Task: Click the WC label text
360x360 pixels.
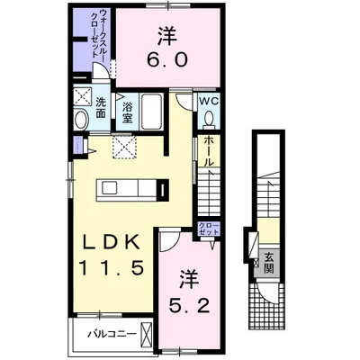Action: [209, 102]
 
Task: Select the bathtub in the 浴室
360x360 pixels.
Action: [152, 111]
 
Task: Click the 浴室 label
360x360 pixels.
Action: [127, 112]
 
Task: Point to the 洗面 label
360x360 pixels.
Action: [101, 108]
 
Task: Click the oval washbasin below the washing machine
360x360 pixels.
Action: [81, 120]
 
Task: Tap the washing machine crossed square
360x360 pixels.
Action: [83, 96]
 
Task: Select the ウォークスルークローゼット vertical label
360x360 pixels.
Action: [99, 33]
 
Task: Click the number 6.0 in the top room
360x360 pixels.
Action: [167, 59]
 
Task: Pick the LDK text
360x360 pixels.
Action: [112, 242]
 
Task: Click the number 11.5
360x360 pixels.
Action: [111, 267]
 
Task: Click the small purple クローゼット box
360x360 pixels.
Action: [209, 229]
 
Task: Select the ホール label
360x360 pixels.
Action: [209, 151]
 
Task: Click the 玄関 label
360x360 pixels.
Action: [269, 263]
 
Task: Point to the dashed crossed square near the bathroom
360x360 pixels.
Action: [124, 147]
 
